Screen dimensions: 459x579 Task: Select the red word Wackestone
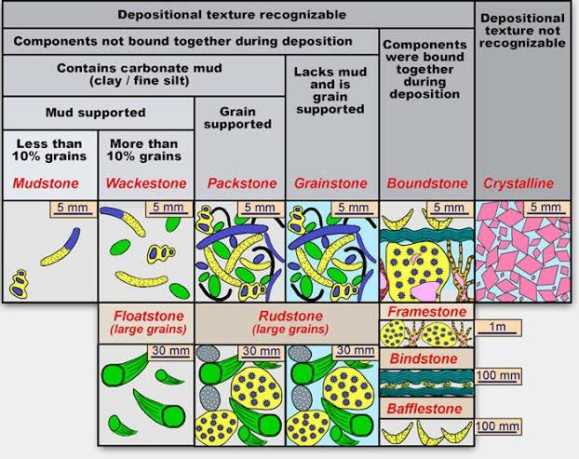[x=145, y=183]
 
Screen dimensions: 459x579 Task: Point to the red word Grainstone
[x=332, y=183]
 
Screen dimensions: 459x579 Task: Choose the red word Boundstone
[x=425, y=183]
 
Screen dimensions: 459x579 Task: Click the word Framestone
[x=424, y=312]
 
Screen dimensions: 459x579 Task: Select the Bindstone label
[x=424, y=358]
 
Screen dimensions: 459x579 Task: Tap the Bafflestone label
[x=424, y=408]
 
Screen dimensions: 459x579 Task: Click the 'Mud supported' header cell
[x=96, y=114]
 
